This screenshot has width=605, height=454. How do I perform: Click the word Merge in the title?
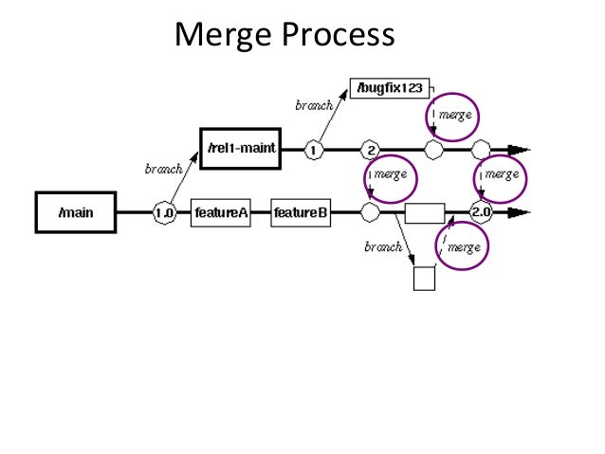(x=225, y=35)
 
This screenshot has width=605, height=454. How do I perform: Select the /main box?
(x=75, y=212)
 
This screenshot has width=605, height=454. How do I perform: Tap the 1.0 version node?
(x=164, y=212)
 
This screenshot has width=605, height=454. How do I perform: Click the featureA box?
(x=222, y=212)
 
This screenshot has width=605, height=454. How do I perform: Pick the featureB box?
(x=301, y=212)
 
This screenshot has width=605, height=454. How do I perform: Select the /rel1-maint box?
(x=242, y=150)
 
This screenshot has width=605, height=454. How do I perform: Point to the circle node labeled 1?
(x=314, y=150)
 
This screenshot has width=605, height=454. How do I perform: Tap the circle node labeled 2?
(x=371, y=150)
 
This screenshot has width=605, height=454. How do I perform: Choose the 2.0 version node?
(x=482, y=212)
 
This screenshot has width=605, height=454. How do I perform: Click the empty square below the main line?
(x=425, y=280)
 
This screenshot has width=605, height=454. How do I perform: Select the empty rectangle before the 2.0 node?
(x=425, y=212)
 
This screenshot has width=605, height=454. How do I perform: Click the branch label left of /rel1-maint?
(x=163, y=170)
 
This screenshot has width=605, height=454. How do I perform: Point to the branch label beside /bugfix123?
(x=314, y=106)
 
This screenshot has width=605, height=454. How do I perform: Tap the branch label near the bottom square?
(x=382, y=248)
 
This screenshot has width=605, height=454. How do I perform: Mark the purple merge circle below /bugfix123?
(x=450, y=116)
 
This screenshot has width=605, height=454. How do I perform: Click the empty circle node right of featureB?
(x=371, y=212)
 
